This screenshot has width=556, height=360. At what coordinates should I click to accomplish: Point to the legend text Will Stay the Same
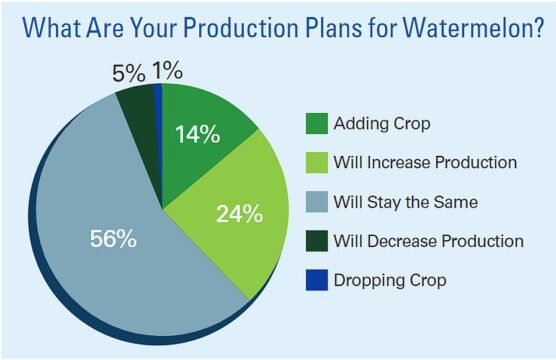click(x=406, y=202)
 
